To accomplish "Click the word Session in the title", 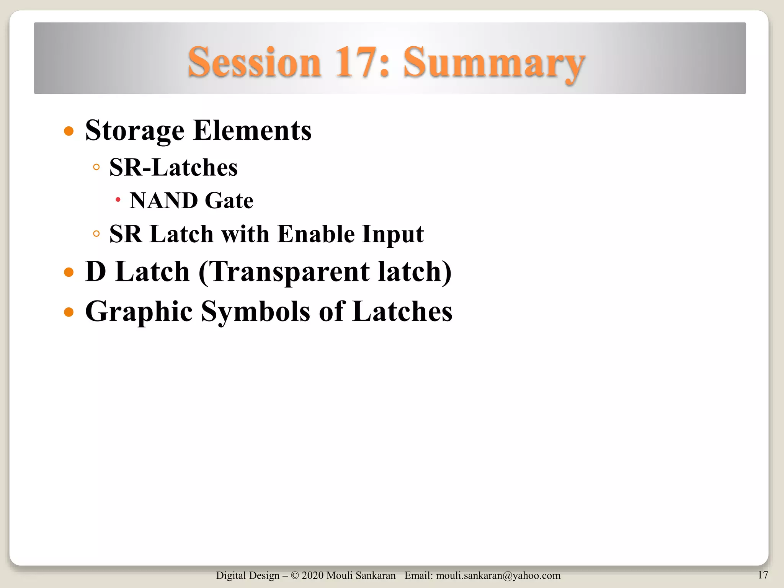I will pos(254,62).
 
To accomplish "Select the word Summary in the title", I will pos(494,63).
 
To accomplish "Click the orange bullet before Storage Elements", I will pos(69,132).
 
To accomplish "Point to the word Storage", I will pos(135,131).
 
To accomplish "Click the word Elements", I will pos(252,131).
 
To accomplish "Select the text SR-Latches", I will pos(173,167).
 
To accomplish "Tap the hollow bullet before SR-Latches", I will pos(96,167).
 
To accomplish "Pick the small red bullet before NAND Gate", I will pos(118,200).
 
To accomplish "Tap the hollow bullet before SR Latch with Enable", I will pos(96,234).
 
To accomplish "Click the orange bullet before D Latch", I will pos(69,272).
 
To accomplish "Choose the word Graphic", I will pos(139,312).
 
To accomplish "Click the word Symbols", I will pos(256,312).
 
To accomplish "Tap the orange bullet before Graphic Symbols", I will pos(69,312).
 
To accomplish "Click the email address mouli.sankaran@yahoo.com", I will pos(498,575).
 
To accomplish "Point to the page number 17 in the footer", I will pos(763,575).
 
